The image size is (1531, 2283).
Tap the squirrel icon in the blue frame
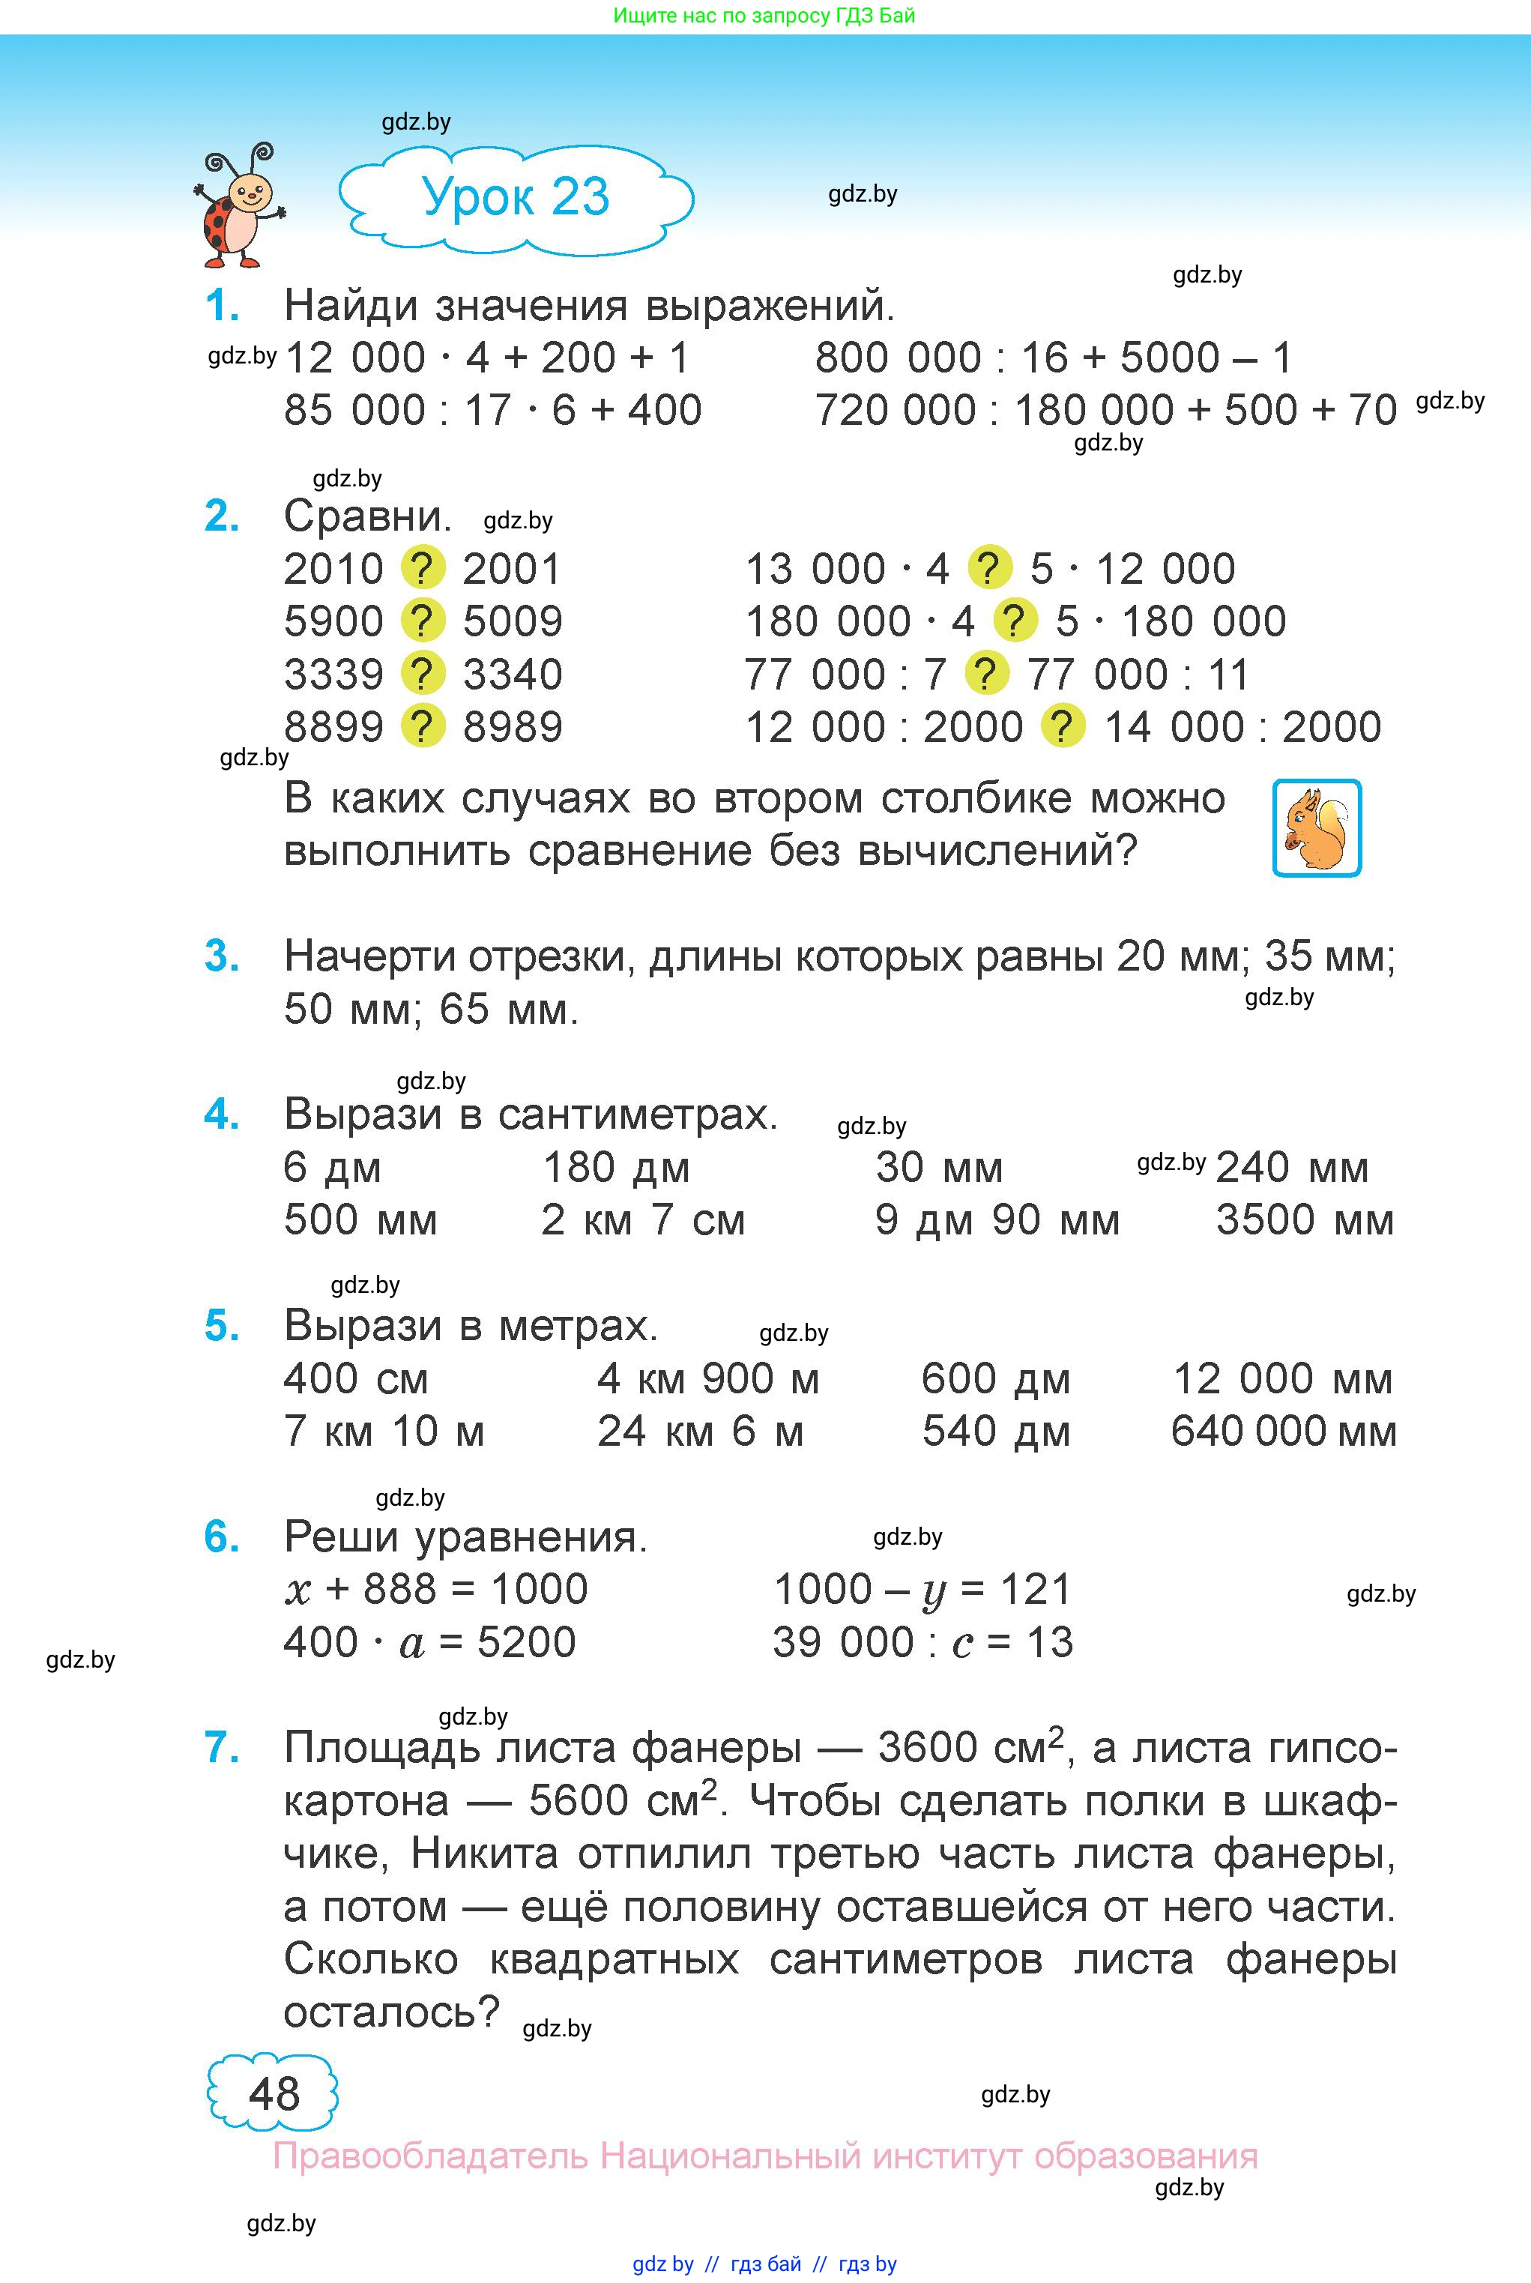(x=1316, y=828)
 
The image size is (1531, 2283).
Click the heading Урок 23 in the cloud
(x=516, y=197)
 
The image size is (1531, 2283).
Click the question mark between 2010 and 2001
(x=423, y=568)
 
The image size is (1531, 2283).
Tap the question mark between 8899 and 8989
(x=423, y=726)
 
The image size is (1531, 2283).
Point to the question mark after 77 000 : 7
(x=986, y=674)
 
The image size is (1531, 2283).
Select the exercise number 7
(x=223, y=1748)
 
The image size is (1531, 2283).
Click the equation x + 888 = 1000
(x=435, y=1590)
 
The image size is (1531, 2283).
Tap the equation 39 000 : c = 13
(x=922, y=1642)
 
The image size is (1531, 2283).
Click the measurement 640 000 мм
(x=1283, y=1432)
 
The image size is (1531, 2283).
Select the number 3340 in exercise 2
(x=513, y=674)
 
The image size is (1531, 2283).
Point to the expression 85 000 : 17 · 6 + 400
(x=492, y=410)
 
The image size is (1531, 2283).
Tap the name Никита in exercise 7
(x=484, y=1854)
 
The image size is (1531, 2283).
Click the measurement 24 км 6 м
(x=700, y=1432)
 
